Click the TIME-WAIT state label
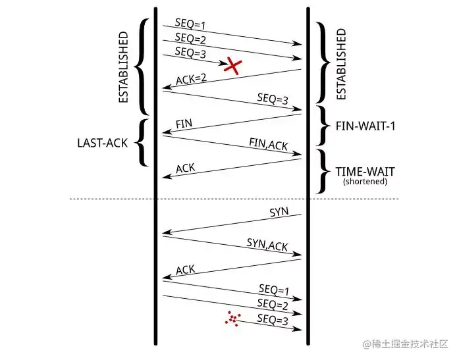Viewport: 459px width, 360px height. (x=365, y=172)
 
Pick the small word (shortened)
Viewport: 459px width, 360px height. (x=365, y=182)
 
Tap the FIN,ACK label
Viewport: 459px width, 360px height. (x=268, y=144)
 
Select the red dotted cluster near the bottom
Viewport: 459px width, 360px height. (x=232, y=319)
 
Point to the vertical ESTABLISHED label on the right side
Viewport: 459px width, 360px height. (x=340, y=64)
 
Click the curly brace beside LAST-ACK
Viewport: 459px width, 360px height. (x=141, y=142)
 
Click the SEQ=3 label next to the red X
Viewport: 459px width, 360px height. (x=190, y=51)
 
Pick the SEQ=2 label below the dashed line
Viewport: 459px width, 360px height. (x=272, y=305)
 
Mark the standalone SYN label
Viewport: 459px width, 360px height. (x=280, y=213)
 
